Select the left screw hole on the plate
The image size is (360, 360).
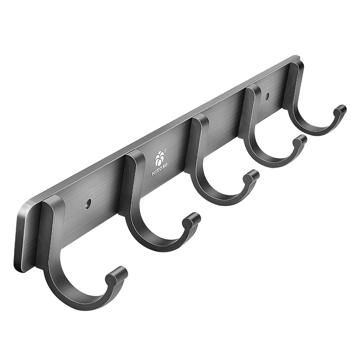tap(88, 203)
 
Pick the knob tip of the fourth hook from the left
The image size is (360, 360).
tap(300, 140)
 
